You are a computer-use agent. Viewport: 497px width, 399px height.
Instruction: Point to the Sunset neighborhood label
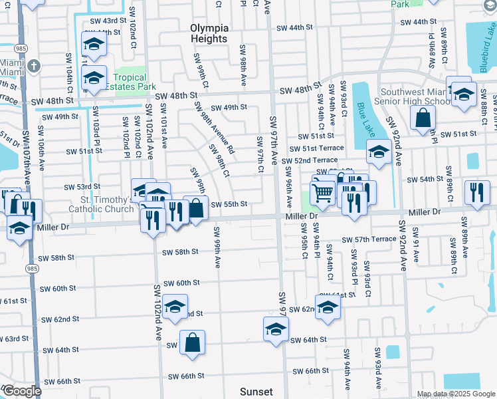pos(256,392)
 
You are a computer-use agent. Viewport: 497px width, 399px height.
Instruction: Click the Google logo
pos(22,391)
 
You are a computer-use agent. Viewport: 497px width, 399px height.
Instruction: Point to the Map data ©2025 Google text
pos(455,394)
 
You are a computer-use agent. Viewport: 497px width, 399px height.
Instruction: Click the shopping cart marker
pos(322,192)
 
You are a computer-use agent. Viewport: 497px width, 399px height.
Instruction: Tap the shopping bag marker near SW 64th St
pos(192,342)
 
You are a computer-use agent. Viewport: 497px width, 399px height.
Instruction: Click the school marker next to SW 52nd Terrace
pos(379,152)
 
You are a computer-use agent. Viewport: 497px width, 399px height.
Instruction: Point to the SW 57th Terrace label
pos(369,239)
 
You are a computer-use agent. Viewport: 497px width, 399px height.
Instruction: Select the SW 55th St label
pos(229,204)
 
